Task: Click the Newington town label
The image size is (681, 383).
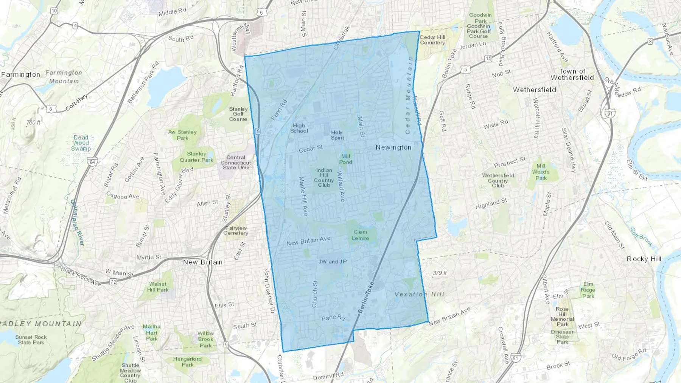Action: [393, 147]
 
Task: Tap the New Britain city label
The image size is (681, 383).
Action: [203, 262]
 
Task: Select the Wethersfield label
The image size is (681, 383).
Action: [535, 90]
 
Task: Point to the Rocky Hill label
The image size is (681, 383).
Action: [644, 259]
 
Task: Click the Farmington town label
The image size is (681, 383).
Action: [21, 74]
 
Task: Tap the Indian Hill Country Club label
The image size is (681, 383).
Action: [324, 178]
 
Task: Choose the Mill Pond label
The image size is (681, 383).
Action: [346, 159]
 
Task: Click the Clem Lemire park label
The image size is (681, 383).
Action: [360, 235]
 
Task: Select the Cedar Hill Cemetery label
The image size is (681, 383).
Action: [432, 40]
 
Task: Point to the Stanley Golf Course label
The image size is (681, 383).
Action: [238, 114]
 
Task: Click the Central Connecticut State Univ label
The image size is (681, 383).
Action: [236, 163]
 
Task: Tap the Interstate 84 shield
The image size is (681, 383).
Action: [92, 162]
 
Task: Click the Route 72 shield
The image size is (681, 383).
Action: [113, 282]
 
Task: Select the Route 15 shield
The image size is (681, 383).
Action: [488, 59]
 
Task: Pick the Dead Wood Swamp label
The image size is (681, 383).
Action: [81, 143]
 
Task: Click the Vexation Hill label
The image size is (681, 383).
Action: [420, 294]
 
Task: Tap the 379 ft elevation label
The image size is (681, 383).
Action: [440, 273]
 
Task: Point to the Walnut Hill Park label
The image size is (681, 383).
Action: [158, 287]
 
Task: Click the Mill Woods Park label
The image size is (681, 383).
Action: [541, 172]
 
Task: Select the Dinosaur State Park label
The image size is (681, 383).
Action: [562, 337]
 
